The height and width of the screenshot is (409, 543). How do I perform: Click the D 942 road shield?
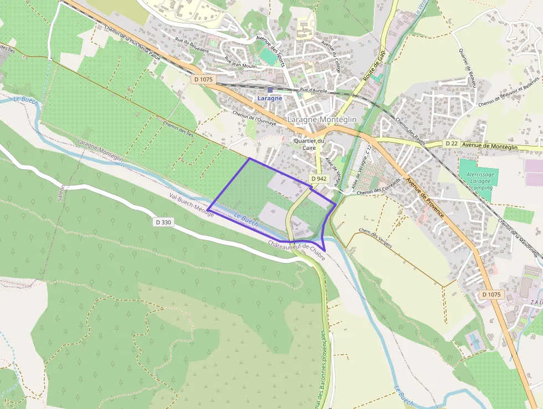[x=319, y=179]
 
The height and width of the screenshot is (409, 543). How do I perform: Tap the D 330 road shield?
[x=164, y=222]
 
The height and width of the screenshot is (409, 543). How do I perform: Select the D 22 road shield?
[x=452, y=144]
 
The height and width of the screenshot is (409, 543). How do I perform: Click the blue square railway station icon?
[x=270, y=89]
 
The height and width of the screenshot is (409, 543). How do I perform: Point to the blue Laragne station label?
[x=270, y=98]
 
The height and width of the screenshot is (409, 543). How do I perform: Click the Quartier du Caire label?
[x=309, y=144]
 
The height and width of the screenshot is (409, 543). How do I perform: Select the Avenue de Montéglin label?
[x=490, y=147]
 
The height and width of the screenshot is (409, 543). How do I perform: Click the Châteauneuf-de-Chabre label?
[x=296, y=251]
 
